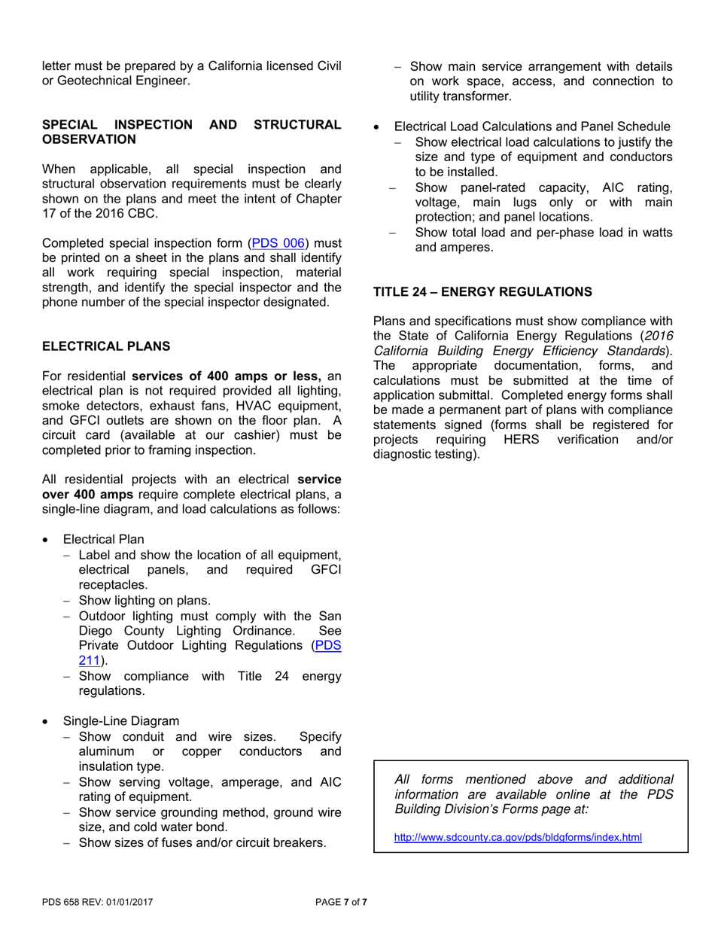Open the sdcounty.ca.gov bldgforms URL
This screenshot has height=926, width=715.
(x=518, y=836)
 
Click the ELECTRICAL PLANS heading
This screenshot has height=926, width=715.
(x=106, y=346)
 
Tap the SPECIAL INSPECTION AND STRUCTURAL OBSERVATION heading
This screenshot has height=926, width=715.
(x=191, y=132)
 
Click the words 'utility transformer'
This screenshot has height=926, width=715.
(x=461, y=96)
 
